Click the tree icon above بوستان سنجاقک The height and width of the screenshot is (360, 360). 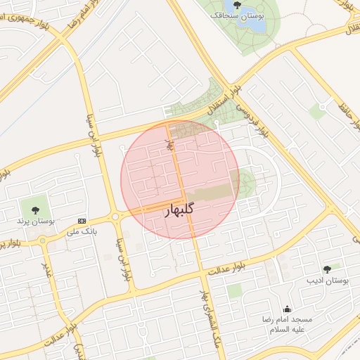tap(236, 4)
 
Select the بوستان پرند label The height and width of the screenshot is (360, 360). tap(36, 221)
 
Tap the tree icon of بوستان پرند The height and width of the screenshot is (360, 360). tap(36, 210)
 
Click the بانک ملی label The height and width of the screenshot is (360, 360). tap(82, 231)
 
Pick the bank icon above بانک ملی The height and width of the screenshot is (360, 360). tap(83, 221)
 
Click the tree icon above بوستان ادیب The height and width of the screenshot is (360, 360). tap(327, 269)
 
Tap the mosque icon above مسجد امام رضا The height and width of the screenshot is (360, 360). tap(286, 309)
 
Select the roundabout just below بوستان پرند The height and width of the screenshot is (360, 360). tap(44, 240)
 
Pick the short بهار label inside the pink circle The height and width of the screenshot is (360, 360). tap(169, 147)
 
